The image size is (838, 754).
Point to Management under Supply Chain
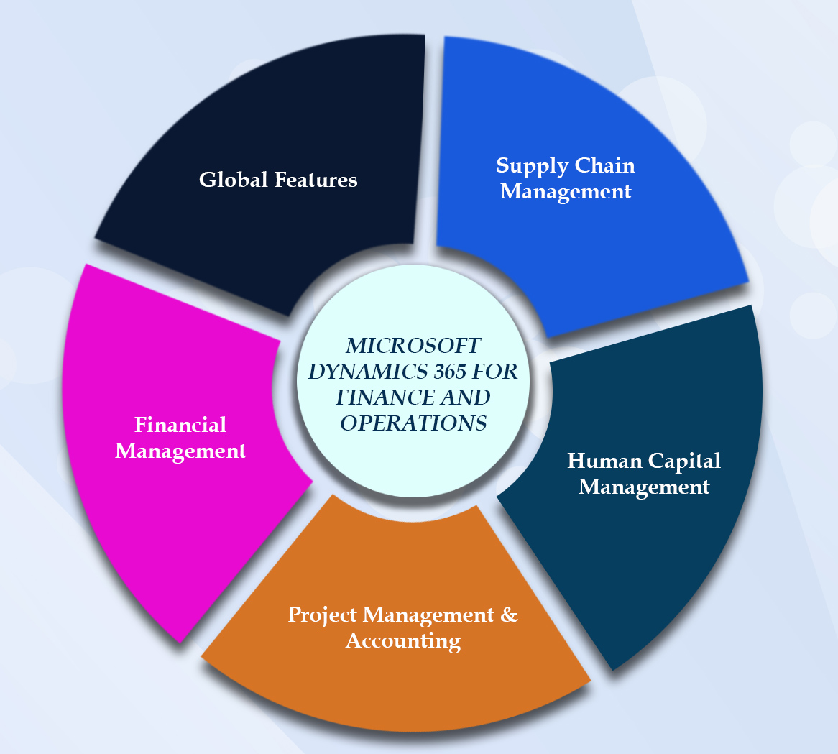pyautogui.click(x=566, y=192)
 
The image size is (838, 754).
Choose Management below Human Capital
pyautogui.click(x=644, y=487)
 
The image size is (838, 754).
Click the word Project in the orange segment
pyautogui.click(x=323, y=615)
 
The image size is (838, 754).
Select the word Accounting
pyautogui.click(x=403, y=640)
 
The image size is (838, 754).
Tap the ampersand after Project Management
pyautogui.click(x=509, y=615)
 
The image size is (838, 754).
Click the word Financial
pyautogui.click(x=180, y=425)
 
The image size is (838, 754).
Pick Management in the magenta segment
pyautogui.click(x=180, y=451)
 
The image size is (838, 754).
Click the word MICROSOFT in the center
pyautogui.click(x=413, y=346)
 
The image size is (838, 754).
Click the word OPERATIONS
pyautogui.click(x=413, y=423)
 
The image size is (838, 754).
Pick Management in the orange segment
pyautogui.click(x=428, y=615)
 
